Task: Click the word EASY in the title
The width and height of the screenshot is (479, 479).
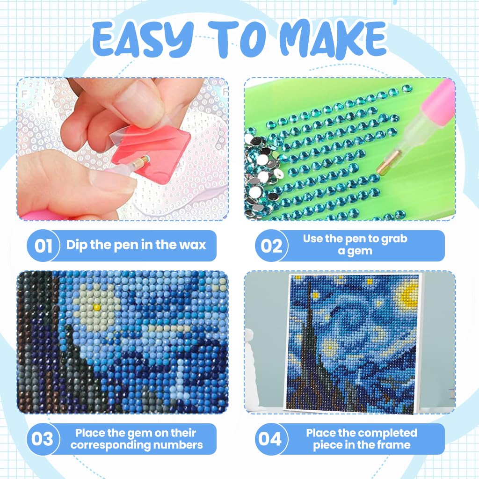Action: pos(143,39)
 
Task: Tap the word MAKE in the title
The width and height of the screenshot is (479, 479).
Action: pos(333,39)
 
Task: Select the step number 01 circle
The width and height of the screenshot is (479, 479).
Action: pos(43,246)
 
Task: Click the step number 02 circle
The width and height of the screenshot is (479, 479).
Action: pos(271,246)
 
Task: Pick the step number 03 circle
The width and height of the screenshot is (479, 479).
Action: pos(43,439)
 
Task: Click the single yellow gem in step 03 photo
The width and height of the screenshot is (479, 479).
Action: pos(97,307)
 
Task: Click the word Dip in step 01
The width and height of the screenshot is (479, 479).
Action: pos(76,245)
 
